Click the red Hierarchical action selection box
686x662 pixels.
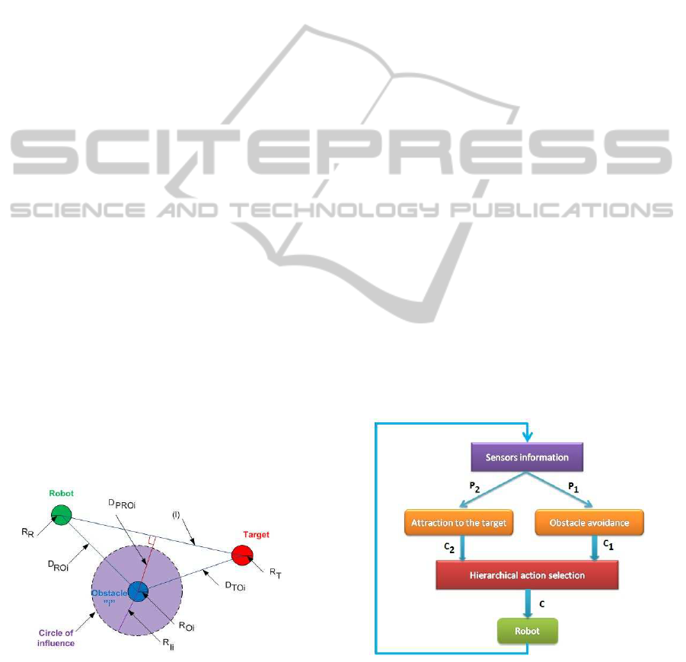526,575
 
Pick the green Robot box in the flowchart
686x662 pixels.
527,631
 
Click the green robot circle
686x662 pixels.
62,514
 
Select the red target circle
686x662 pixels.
243,554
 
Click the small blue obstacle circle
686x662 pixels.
138,591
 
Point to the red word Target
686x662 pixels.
256,535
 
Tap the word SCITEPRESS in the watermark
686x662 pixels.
343,157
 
